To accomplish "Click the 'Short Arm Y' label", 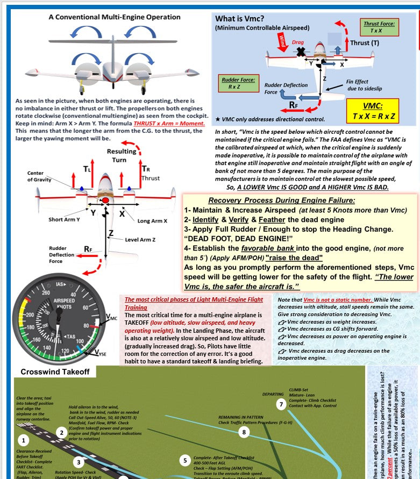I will (64, 219).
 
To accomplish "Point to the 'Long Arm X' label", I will (152, 220).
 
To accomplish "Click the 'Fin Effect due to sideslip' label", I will (362, 85).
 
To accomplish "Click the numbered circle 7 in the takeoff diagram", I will (281, 404).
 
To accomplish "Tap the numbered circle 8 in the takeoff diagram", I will (244, 431).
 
